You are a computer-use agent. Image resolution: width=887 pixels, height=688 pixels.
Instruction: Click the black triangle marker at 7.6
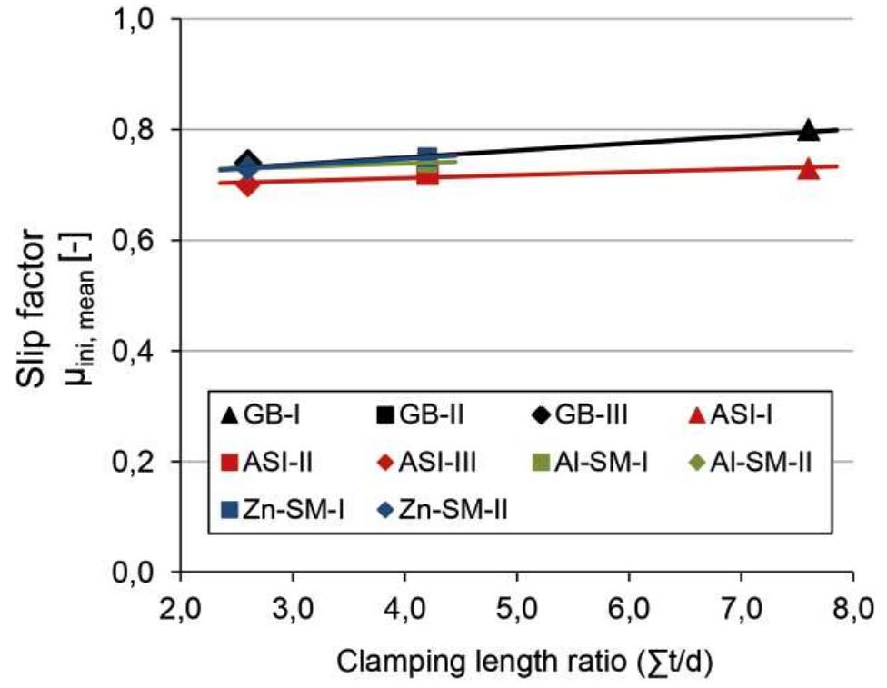pyautogui.click(x=808, y=130)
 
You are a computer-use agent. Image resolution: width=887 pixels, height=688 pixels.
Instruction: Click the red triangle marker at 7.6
pyautogui.click(x=808, y=169)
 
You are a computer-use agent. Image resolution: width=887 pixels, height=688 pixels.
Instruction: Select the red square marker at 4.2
pyautogui.click(x=427, y=174)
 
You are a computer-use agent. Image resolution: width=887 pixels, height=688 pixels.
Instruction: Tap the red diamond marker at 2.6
pyautogui.click(x=247, y=184)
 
